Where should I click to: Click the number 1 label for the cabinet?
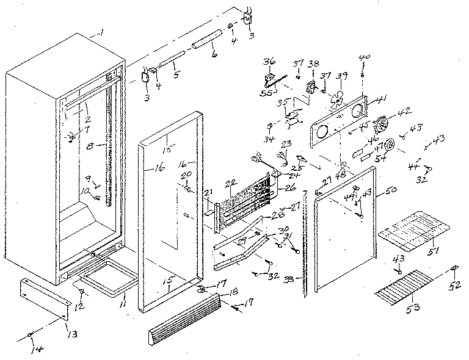pyautogui.click(x=102, y=32)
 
